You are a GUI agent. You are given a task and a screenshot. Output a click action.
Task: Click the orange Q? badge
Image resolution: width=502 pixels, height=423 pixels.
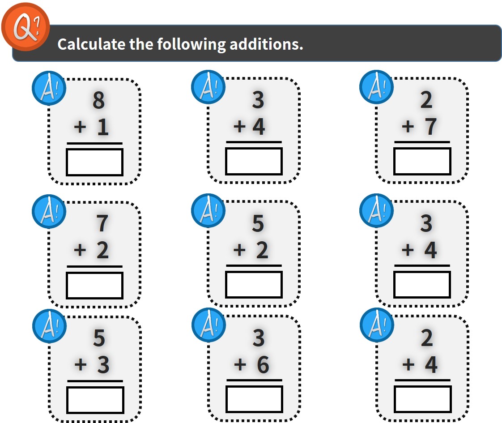click(26, 27)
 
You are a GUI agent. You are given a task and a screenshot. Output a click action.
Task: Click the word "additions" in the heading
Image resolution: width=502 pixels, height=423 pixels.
click(266, 44)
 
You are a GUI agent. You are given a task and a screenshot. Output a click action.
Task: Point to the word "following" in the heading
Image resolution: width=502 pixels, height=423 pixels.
click(191, 44)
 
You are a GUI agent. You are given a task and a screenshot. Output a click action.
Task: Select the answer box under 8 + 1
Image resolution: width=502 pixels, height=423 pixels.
click(94, 162)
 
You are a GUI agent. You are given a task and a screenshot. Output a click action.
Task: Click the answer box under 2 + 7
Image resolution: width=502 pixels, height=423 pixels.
click(422, 161)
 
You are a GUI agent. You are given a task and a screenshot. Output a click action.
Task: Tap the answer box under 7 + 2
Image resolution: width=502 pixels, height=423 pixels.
click(94, 285)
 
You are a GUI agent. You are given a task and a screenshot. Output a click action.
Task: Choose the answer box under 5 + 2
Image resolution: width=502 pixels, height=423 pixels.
click(254, 284)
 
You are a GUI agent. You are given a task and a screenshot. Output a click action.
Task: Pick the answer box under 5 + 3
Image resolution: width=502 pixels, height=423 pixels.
click(95, 400)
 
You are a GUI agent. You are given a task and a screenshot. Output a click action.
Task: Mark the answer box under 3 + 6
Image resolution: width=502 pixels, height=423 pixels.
click(254, 399)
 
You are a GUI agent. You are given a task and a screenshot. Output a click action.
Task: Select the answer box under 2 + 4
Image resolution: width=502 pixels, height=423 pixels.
click(423, 399)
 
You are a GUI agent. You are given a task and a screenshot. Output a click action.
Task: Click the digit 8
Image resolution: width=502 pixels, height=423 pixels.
click(98, 100)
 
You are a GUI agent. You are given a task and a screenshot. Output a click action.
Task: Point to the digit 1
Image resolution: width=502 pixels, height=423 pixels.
click(103, 127)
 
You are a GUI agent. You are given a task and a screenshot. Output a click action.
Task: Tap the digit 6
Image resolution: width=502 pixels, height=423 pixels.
click(263, 365)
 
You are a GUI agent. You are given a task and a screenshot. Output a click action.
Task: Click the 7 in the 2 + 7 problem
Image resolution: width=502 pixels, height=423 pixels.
click(430, 127)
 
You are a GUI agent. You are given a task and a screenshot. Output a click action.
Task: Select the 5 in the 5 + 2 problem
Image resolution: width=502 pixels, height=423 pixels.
click(258, 223)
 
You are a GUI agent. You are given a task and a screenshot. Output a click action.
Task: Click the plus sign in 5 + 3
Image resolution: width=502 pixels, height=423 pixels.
click(81, 364)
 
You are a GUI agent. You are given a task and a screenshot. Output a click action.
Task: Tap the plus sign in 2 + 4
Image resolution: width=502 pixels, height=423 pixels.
click(408, 364)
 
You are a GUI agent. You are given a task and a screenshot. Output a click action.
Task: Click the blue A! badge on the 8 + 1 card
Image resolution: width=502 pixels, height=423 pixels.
click(49, 88)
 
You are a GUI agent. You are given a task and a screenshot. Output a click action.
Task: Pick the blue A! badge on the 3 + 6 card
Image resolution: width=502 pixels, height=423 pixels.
click(209, 325)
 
